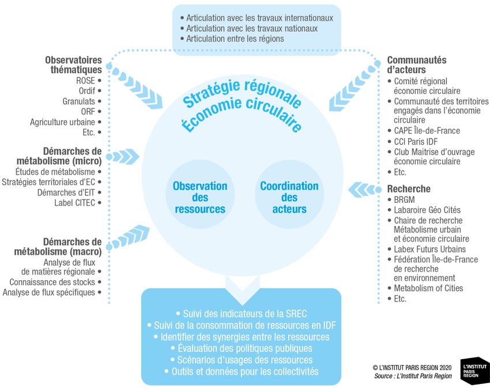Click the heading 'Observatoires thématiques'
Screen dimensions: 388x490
[73, 65]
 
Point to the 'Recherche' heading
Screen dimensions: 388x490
[409, 189]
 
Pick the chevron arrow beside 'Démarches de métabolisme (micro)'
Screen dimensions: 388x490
[123, 156]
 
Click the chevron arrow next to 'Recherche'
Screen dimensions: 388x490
[365, 189]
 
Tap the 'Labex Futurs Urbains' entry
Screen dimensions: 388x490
[430, 249]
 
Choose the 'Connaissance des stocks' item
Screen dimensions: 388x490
[52, 282]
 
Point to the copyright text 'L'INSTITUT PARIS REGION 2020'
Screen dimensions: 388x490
[413, 367]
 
